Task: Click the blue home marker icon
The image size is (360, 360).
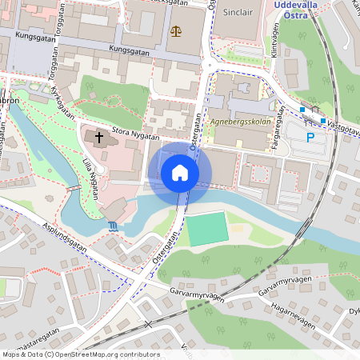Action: [180, 173]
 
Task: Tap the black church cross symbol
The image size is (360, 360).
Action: [99, 138]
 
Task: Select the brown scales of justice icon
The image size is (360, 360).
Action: [176, 31]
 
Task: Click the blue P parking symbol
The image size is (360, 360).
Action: [310, 138]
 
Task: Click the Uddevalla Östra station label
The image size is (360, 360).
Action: [297, 8]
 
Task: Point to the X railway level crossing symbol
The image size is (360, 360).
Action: [148, 325]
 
